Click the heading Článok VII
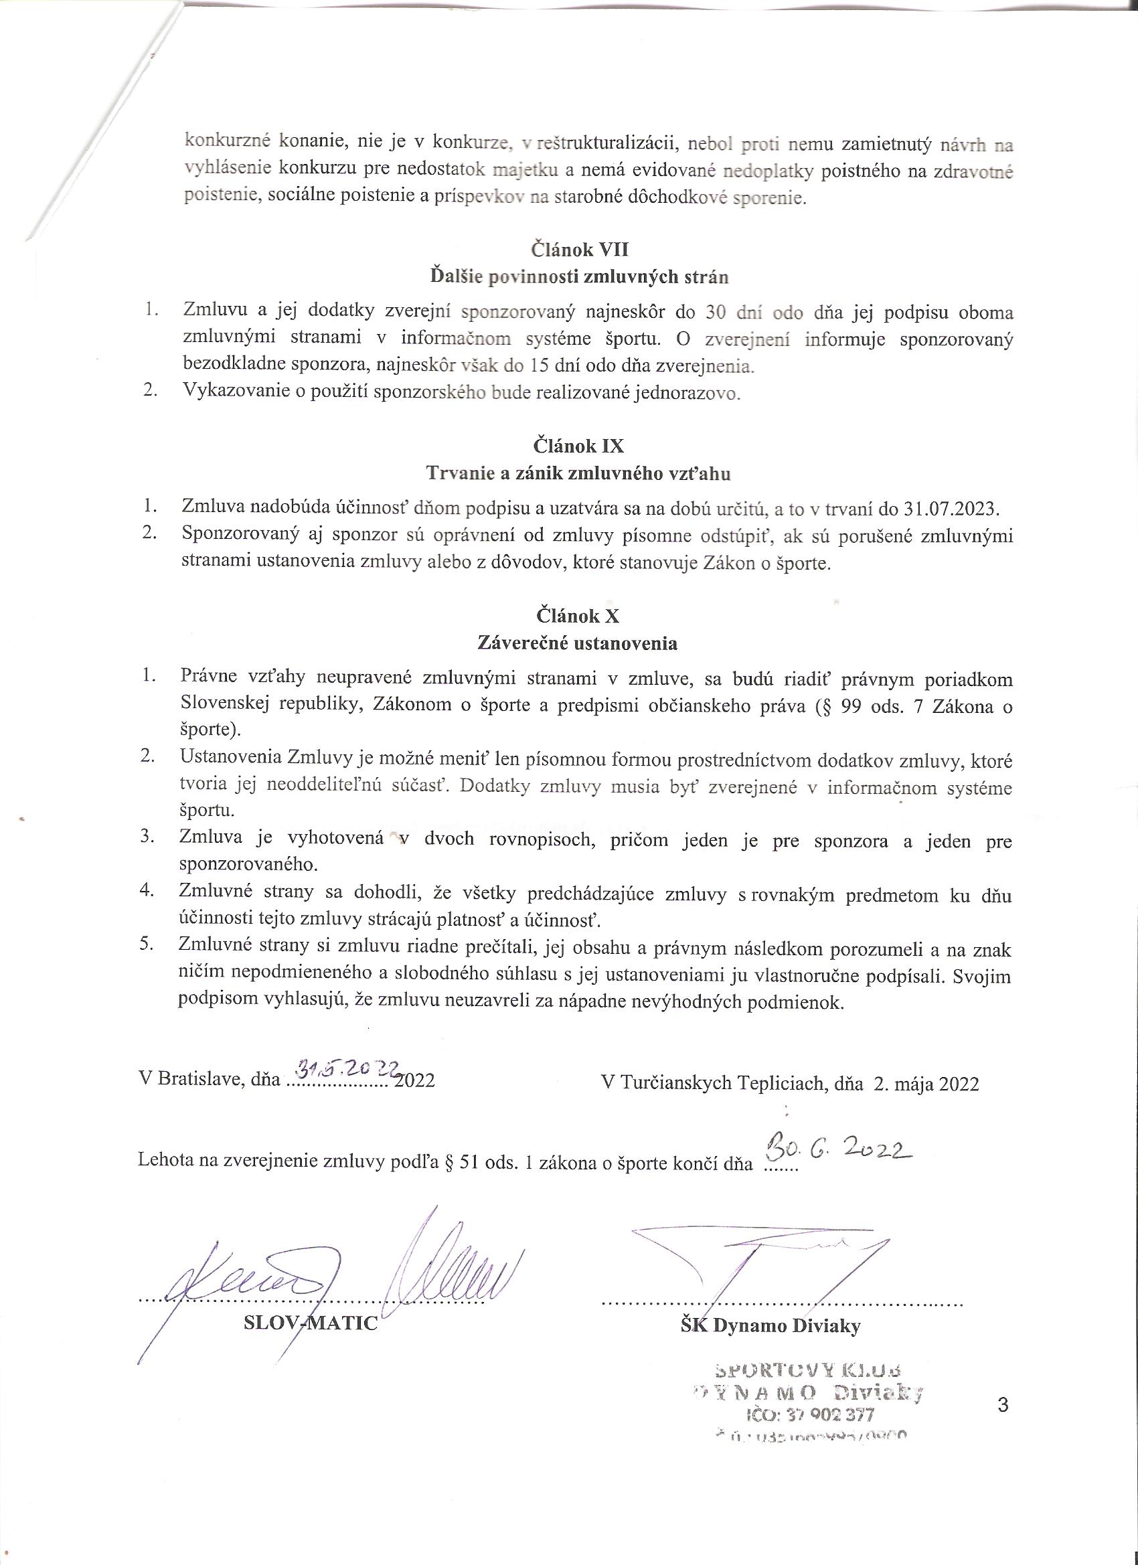point(578,249)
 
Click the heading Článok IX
point(578,446)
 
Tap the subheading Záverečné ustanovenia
point(578,644)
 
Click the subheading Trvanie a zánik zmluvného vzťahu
point(578,474)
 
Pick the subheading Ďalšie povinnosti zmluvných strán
point(578,277)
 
